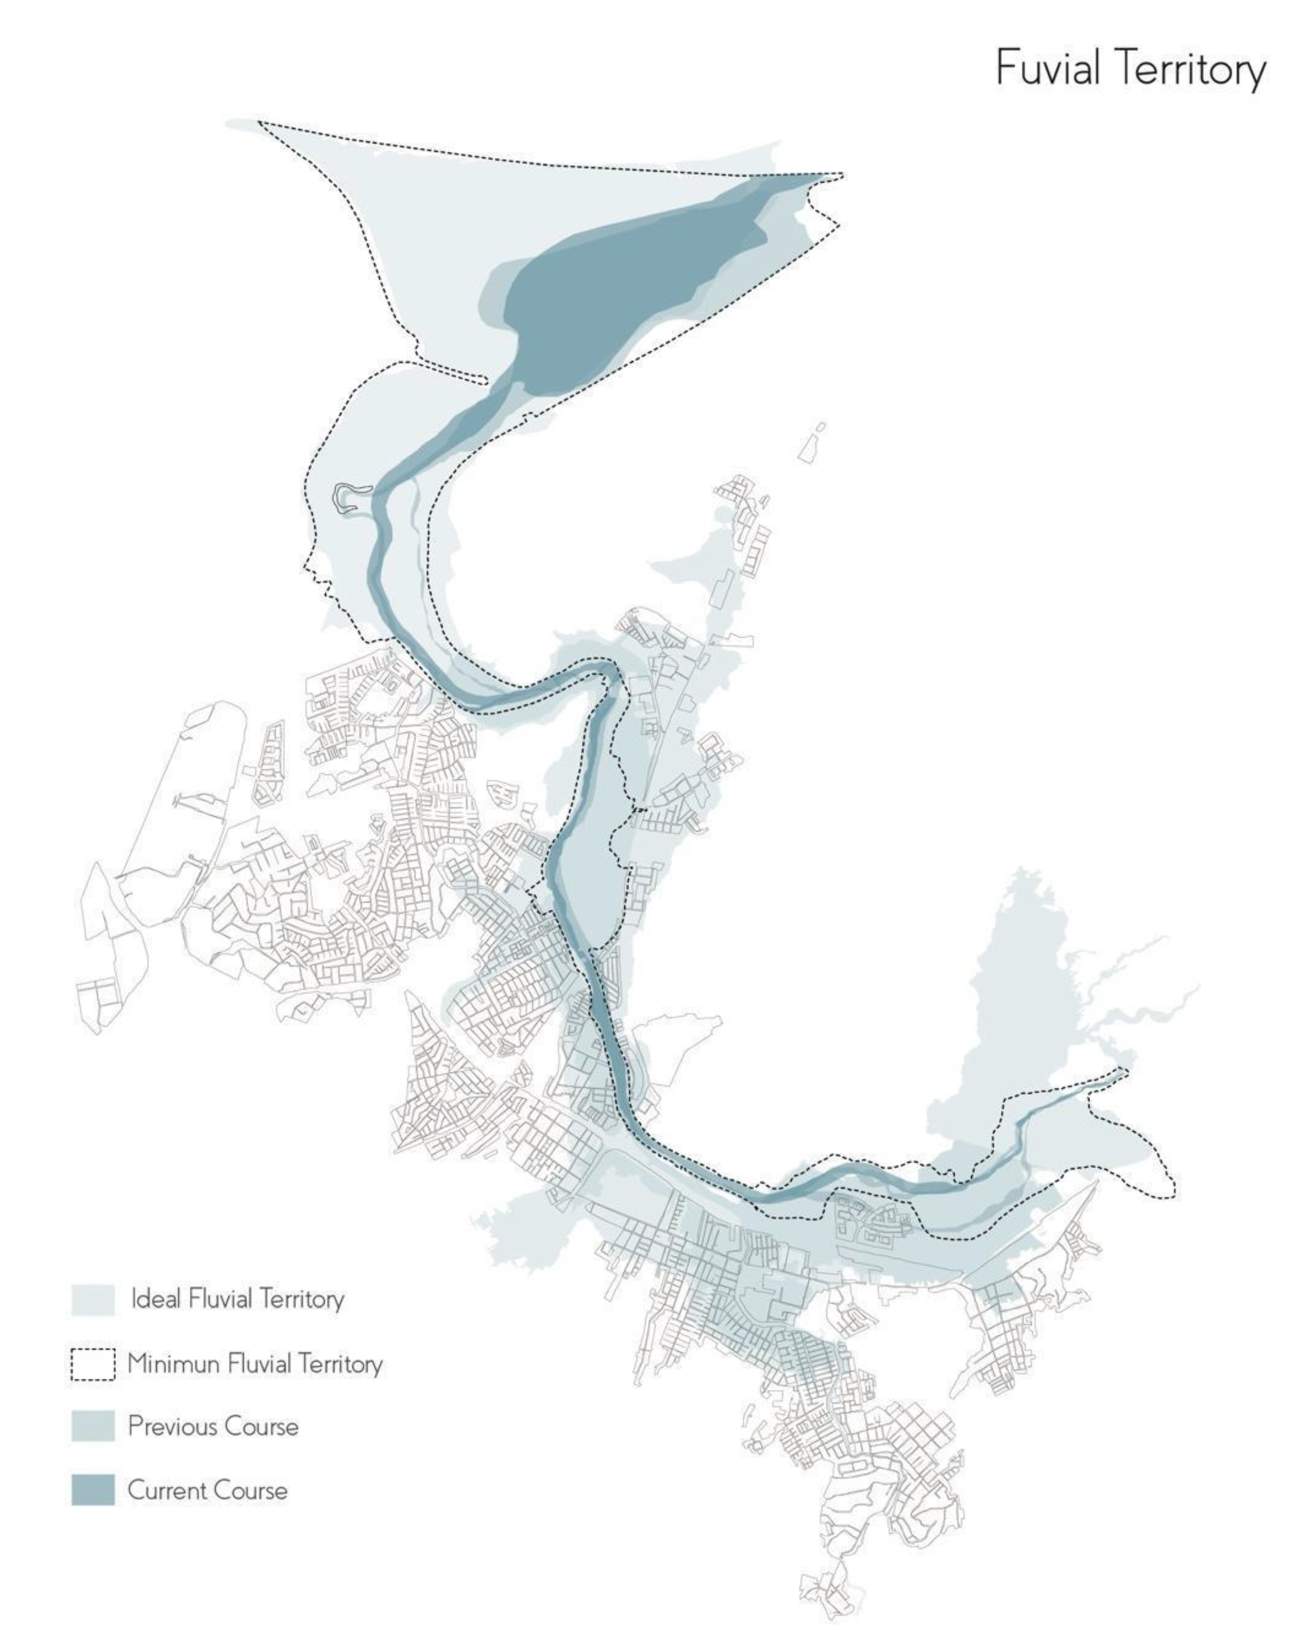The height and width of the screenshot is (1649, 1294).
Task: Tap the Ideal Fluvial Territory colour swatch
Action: [92, 1299]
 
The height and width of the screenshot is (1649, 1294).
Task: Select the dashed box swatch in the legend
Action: [92, 1364]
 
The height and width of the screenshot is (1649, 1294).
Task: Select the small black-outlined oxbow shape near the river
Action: [350, 497]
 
